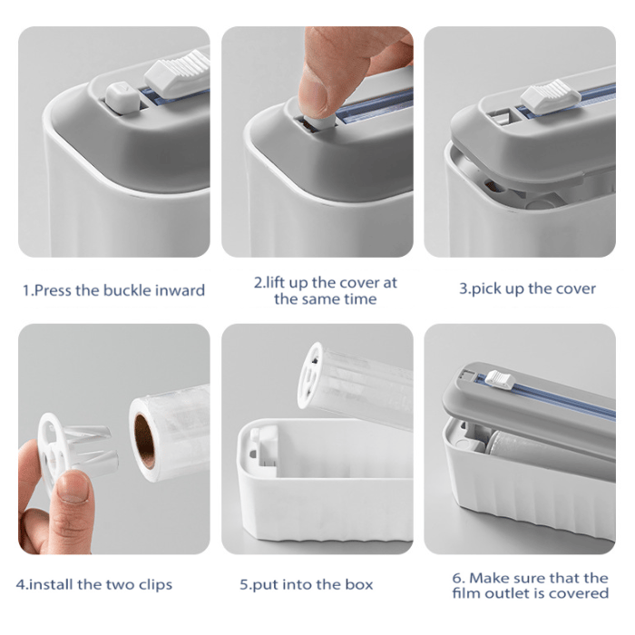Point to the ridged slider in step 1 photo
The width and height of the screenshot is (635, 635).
coord(178,72)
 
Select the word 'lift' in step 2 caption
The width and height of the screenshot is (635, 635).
coord(276,283)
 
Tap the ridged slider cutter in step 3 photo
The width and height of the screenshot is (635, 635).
coord(551,96)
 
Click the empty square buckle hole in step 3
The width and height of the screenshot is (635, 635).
coord(502,117)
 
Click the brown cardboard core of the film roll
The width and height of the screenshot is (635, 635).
coord(144,441)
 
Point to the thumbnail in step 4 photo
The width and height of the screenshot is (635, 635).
coord(73,487)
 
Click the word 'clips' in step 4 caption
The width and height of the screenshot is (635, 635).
coord(155,585)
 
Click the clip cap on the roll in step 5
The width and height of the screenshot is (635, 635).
coord(310,375)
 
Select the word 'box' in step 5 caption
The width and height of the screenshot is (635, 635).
coord(359,584)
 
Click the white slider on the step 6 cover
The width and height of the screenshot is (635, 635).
coord(500,378)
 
